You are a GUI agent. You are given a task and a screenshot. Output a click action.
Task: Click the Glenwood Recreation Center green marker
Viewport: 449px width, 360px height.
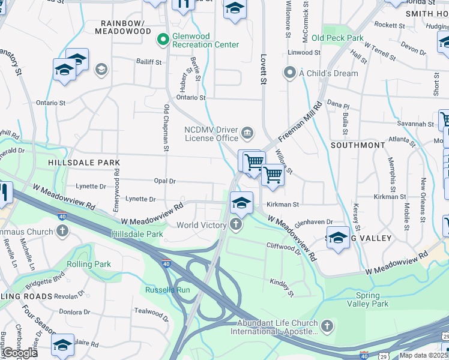[x=161, y=40]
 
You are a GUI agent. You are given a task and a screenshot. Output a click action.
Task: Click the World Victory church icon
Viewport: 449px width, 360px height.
[x=236, y=225]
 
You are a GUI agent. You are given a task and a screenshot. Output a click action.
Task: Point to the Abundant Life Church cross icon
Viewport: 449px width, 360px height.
[x=327, y=326]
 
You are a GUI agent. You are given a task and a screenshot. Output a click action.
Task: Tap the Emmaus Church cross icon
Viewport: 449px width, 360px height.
[x=62, y=231]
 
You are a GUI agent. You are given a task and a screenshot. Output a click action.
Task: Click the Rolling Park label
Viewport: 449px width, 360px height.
[x=89, y=264]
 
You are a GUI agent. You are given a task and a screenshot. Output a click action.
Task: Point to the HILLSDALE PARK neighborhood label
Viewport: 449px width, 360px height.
[x=85, y=163]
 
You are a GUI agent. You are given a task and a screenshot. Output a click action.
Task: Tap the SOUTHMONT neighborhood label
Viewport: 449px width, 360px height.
[x=358, y=145]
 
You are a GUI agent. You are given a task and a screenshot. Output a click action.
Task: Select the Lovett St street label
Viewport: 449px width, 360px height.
[x=263, y=69]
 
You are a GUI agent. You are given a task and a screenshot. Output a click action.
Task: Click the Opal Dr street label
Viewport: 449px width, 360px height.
[x=164, y=181]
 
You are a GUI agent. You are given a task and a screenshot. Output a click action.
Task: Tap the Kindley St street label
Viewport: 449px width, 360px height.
[x=282, y=287]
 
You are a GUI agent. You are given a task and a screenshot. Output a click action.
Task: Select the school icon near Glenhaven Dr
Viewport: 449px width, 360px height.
[x=338, y=238]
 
